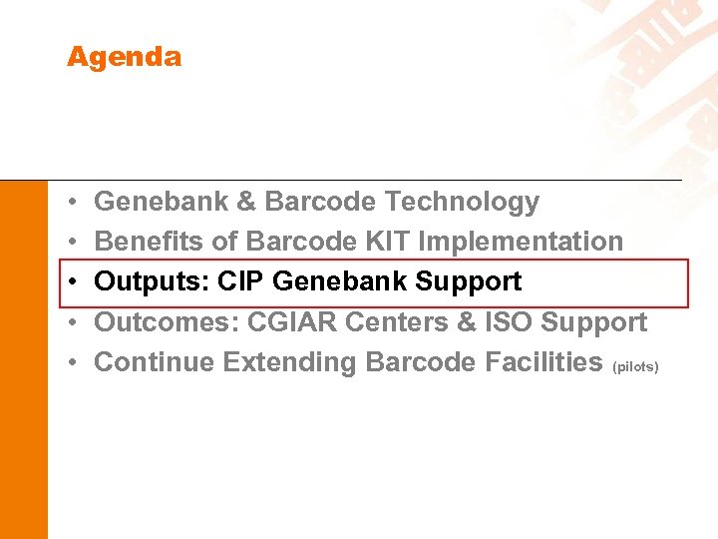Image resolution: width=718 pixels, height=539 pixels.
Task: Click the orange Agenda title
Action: [124, 57]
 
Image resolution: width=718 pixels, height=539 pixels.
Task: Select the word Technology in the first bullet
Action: [462, 202]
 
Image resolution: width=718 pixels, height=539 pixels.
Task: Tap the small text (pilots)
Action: [635, 367]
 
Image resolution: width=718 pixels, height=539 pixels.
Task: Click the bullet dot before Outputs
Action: [75, 282]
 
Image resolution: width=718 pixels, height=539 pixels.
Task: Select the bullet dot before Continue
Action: [75, 363]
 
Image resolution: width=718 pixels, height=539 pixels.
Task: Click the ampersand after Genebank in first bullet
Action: [246, 202]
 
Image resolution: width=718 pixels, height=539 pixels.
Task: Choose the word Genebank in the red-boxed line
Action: [339, 281]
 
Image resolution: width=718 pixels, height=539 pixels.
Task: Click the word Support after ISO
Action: [594, 322]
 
